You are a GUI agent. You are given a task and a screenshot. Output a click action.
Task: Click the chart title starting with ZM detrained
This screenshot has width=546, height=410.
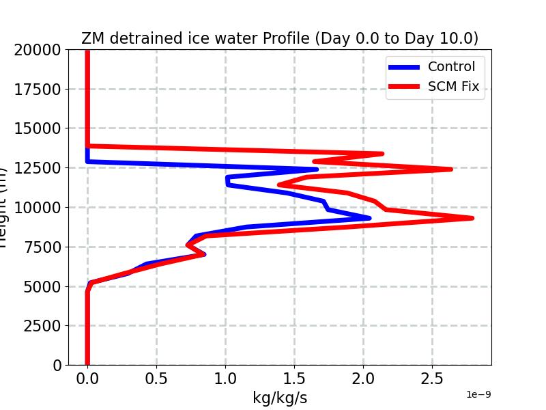pos(280,38)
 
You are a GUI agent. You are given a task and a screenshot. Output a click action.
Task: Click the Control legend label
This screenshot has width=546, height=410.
pos(451,66)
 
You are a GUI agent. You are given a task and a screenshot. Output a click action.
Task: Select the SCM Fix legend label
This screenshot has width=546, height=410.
pos(453,87)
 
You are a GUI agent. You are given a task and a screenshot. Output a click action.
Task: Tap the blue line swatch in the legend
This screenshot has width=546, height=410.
pos(404,67)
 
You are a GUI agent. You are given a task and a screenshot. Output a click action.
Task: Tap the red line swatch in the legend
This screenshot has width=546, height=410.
pos(404,87)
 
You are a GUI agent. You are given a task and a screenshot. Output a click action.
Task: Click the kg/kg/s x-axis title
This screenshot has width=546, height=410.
pos(280,398)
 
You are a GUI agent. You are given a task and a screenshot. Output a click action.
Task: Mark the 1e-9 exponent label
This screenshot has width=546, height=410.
pos(478,394)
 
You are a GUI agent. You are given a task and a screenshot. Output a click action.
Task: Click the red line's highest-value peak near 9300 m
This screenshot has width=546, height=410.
pos(472,218)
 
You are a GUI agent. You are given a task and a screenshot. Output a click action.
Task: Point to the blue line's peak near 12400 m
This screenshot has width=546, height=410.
pos(317,169)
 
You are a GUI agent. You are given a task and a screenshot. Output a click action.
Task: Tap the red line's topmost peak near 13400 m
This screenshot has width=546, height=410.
pos(382,154)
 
